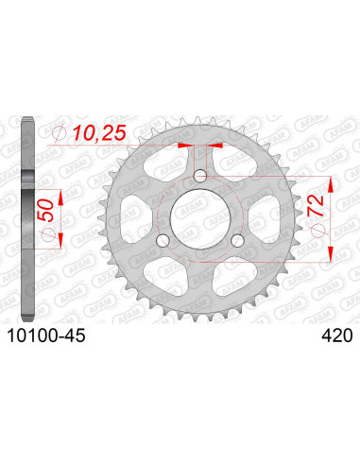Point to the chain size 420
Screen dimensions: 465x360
(x=335, y=334)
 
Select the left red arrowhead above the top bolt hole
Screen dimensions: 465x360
(x=185, y=146)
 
